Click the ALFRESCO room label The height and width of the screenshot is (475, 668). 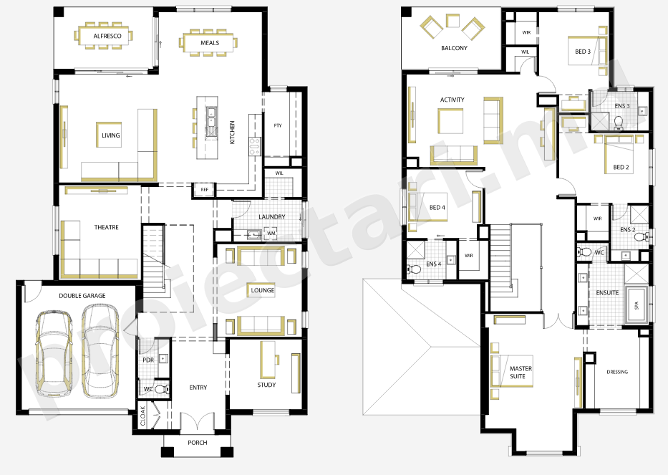107,37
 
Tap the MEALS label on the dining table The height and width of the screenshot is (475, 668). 210,43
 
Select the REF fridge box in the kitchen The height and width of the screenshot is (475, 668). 205,190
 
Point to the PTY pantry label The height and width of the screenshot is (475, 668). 278,125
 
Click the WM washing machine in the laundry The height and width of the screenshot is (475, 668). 271,234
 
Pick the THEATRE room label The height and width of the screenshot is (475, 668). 107,227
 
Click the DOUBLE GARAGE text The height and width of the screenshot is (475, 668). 82,295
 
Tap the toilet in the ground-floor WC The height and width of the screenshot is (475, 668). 162,389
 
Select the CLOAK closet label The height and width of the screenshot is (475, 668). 143,416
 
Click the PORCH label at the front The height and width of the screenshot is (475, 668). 198,443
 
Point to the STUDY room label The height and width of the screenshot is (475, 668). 266,385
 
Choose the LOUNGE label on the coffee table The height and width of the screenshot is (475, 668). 263,290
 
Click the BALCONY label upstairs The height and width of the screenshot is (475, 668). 454,48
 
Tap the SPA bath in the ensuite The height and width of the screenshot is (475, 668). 637,304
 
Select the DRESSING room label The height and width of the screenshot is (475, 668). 617,372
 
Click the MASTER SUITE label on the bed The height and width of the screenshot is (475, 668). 521,373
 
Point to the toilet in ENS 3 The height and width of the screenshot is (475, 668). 618,123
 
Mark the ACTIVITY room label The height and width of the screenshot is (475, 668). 452,100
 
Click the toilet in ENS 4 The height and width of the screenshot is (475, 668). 414,269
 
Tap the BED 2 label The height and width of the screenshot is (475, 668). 621,167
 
